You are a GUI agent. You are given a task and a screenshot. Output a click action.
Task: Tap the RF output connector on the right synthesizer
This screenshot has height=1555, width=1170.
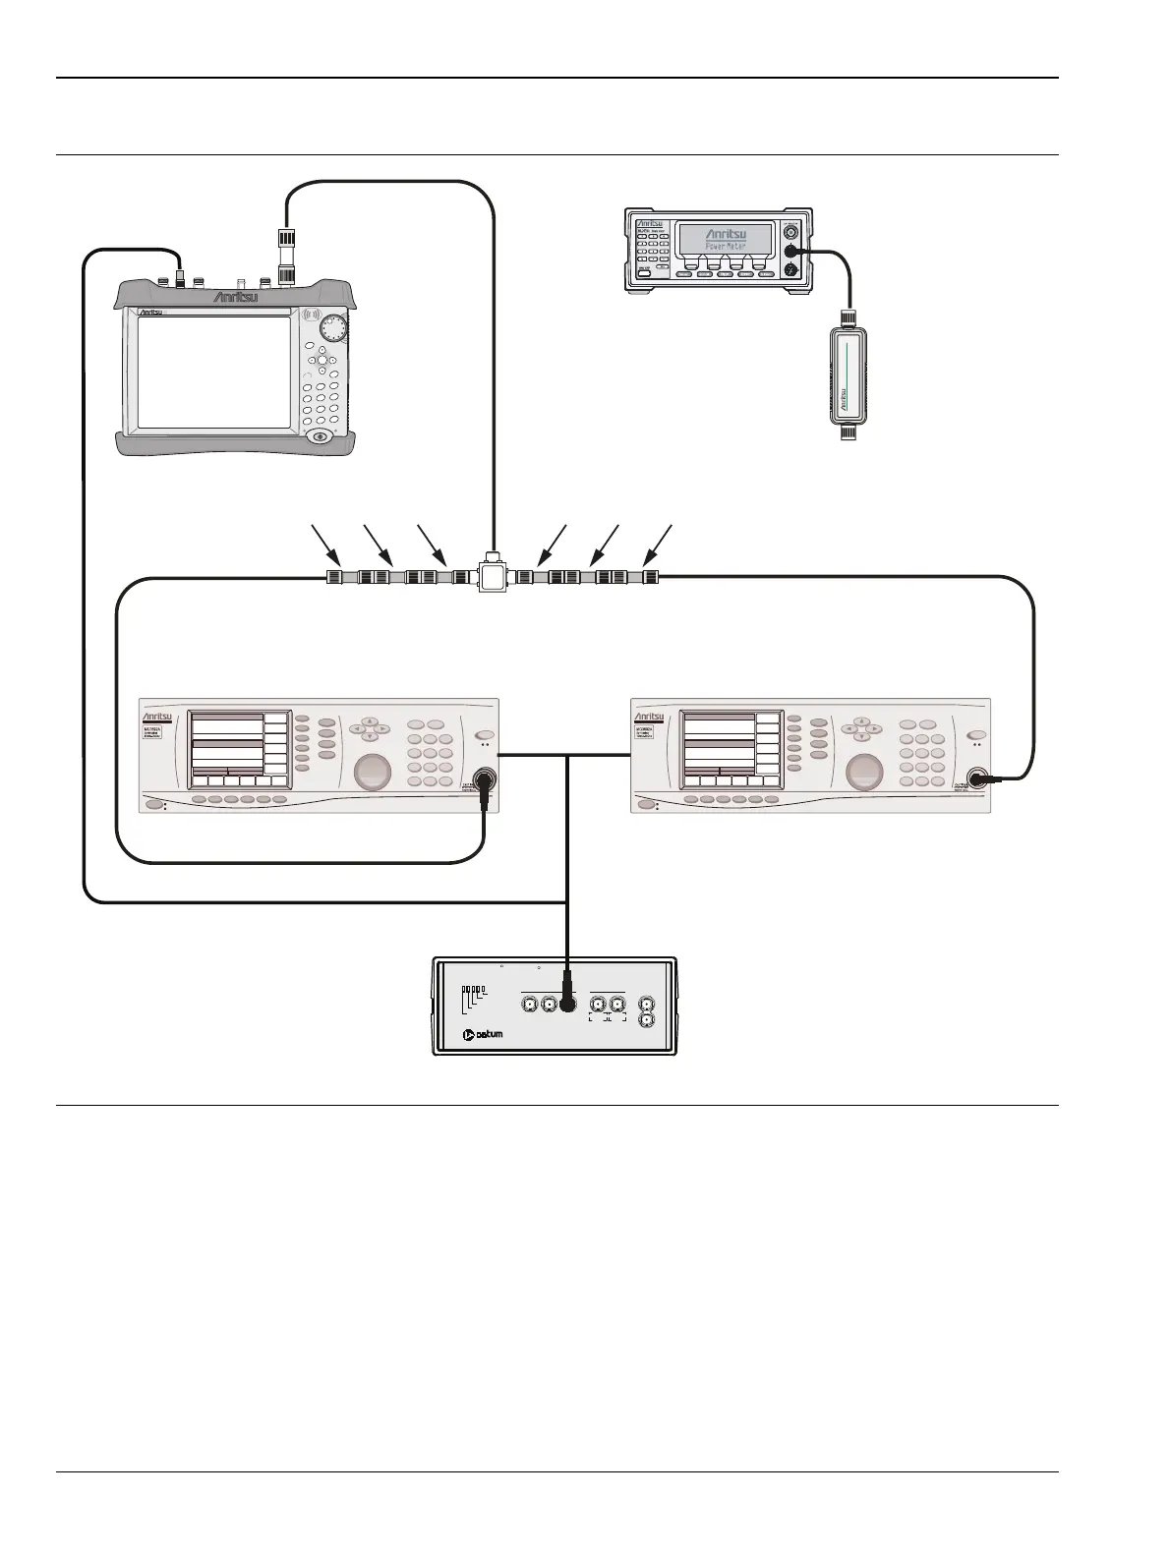click(x=977, y=779)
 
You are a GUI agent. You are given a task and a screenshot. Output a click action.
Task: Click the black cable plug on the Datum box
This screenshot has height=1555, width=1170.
click(x=566, y=1004)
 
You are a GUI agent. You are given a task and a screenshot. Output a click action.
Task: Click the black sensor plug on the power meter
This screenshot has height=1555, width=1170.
click(x=790, y=252)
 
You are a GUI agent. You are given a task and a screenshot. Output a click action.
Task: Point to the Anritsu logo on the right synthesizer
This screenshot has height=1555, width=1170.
click(x=651, y=718)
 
